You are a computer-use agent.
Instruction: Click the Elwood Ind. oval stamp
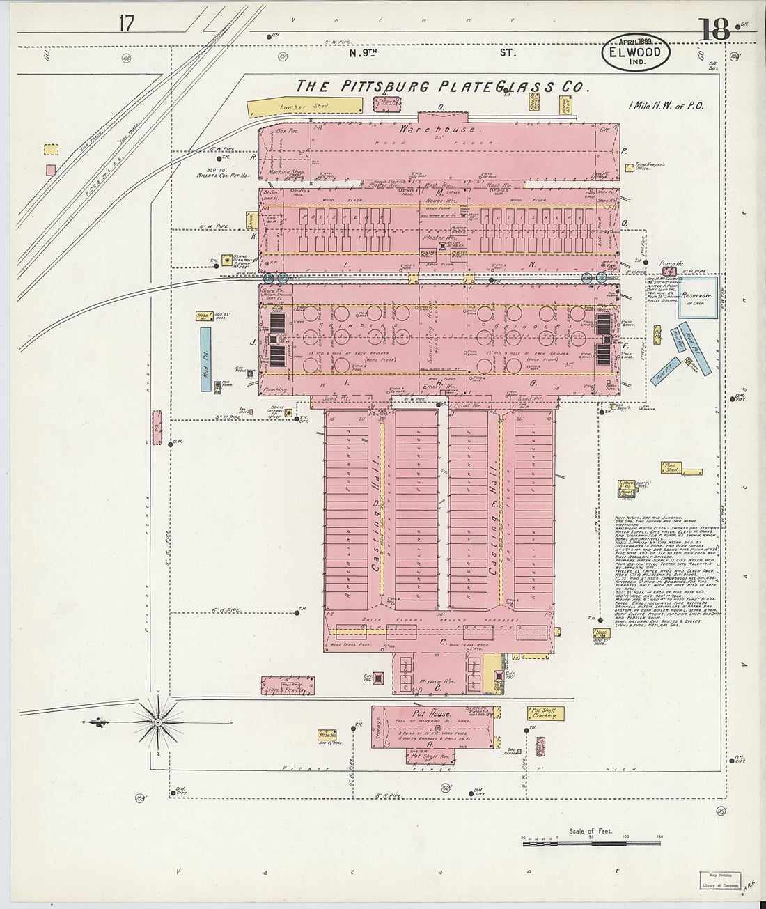tap(635, 52)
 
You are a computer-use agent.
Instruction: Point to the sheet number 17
tap(126, 23)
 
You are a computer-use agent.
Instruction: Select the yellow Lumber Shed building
tap(305, 107)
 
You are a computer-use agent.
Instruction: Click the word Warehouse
tap(439, 129)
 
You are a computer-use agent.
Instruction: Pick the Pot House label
tap(431, 714)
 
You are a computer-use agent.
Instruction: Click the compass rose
tap(158, 722)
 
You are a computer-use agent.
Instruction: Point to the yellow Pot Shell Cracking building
tap(545, 713)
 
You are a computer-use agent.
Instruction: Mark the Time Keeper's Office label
tap(650, 166)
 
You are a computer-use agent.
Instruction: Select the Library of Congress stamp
tap(720, 880)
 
